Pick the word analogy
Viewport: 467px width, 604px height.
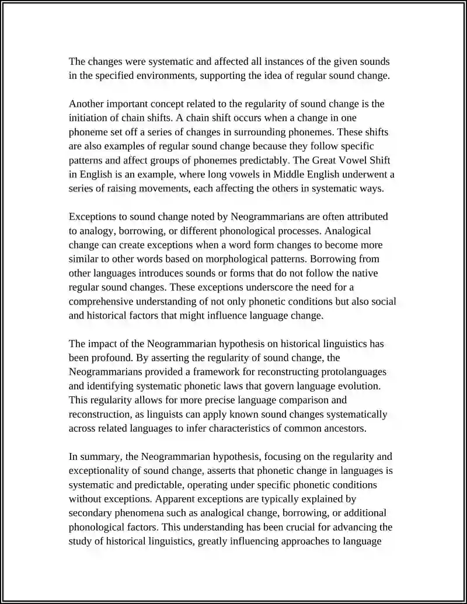(97, 231)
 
